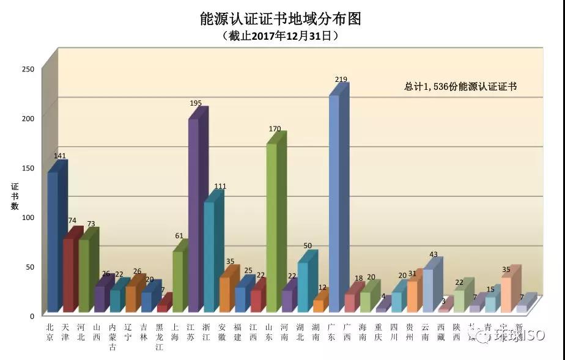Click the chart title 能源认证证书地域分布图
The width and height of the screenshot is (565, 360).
coord(281,19)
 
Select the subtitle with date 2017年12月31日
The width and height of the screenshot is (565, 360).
coord(281,37)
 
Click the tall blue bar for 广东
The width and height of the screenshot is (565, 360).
coord(334,202)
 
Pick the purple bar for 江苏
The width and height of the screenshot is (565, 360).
coord(193,214)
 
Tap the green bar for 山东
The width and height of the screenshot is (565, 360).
coord(271,226)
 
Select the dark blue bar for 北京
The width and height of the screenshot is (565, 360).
coord(53,241)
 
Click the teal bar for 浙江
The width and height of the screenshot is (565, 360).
coord(209,257)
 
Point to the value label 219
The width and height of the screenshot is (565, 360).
coord(341,79)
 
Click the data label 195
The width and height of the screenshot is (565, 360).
coord(196,103)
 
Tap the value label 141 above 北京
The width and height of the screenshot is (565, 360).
coord(60,156)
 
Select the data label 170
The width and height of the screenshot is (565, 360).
coord(275,129)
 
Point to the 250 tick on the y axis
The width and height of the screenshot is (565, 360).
coord(28,68)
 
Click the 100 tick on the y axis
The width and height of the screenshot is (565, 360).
coord(28,217)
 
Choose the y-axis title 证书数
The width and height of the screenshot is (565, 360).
coord(14,196)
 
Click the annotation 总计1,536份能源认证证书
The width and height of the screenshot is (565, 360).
coord(460,87)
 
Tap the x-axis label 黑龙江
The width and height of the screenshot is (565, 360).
coord(160,337)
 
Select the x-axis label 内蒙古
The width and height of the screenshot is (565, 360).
coord(113,337)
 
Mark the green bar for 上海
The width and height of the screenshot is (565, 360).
coord(177,281)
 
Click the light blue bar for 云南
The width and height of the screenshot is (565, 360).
coord(427,290)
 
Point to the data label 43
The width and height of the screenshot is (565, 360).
coord(433,254)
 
